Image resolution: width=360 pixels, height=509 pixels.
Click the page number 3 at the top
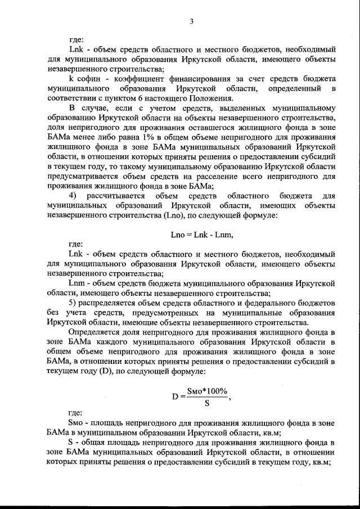tap(191, 22)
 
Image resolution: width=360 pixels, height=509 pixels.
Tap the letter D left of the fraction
tap(175, 397)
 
